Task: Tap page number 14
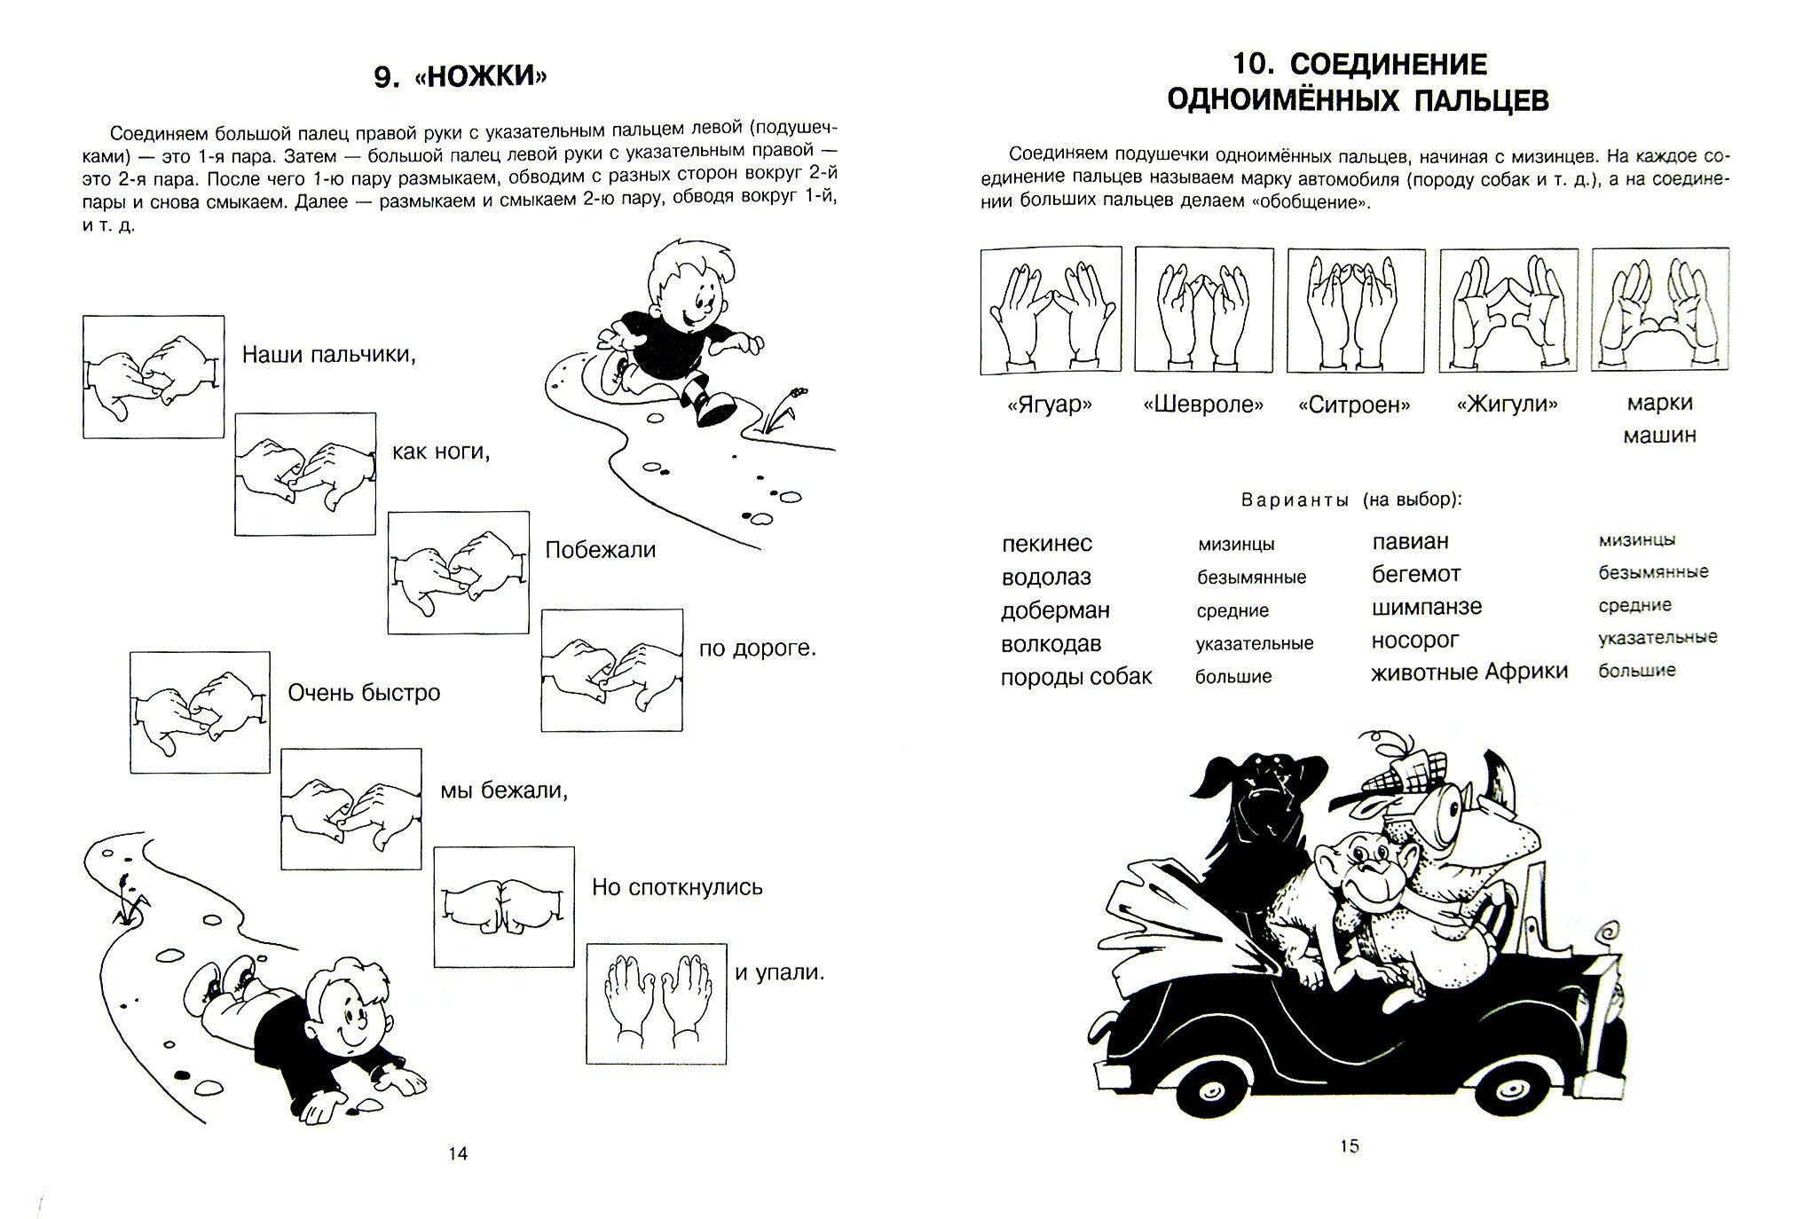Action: (458, 1153)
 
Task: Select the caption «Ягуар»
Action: (1051, 405)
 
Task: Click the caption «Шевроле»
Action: (1203, 405)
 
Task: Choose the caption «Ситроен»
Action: (1355, 405)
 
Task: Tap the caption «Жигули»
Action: (1508, 405)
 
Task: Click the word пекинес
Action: (1047, 544)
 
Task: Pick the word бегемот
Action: (1416, 574)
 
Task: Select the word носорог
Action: (1415, 640)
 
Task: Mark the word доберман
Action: (1055, 610)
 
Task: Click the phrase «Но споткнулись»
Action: (677, 887)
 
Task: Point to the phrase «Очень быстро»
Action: (364, 692)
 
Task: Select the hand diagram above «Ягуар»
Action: (1051, 310)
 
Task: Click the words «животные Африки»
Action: (1469, 672)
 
